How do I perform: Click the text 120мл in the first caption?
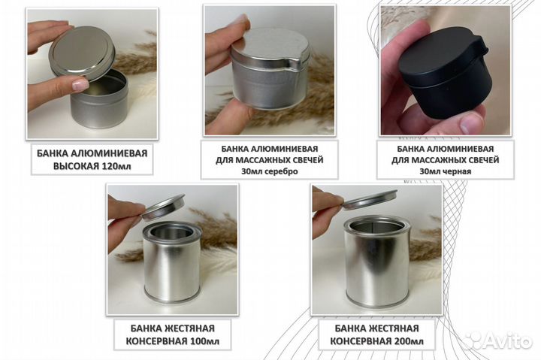tap(116, 166)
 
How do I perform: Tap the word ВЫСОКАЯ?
tap(76, 166)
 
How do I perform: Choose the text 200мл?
tap(408, 341)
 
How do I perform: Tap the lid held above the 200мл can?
tap(370, 199)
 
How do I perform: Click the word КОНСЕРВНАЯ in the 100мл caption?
tap(156, 341)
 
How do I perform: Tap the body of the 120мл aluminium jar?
tap(99, 105)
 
